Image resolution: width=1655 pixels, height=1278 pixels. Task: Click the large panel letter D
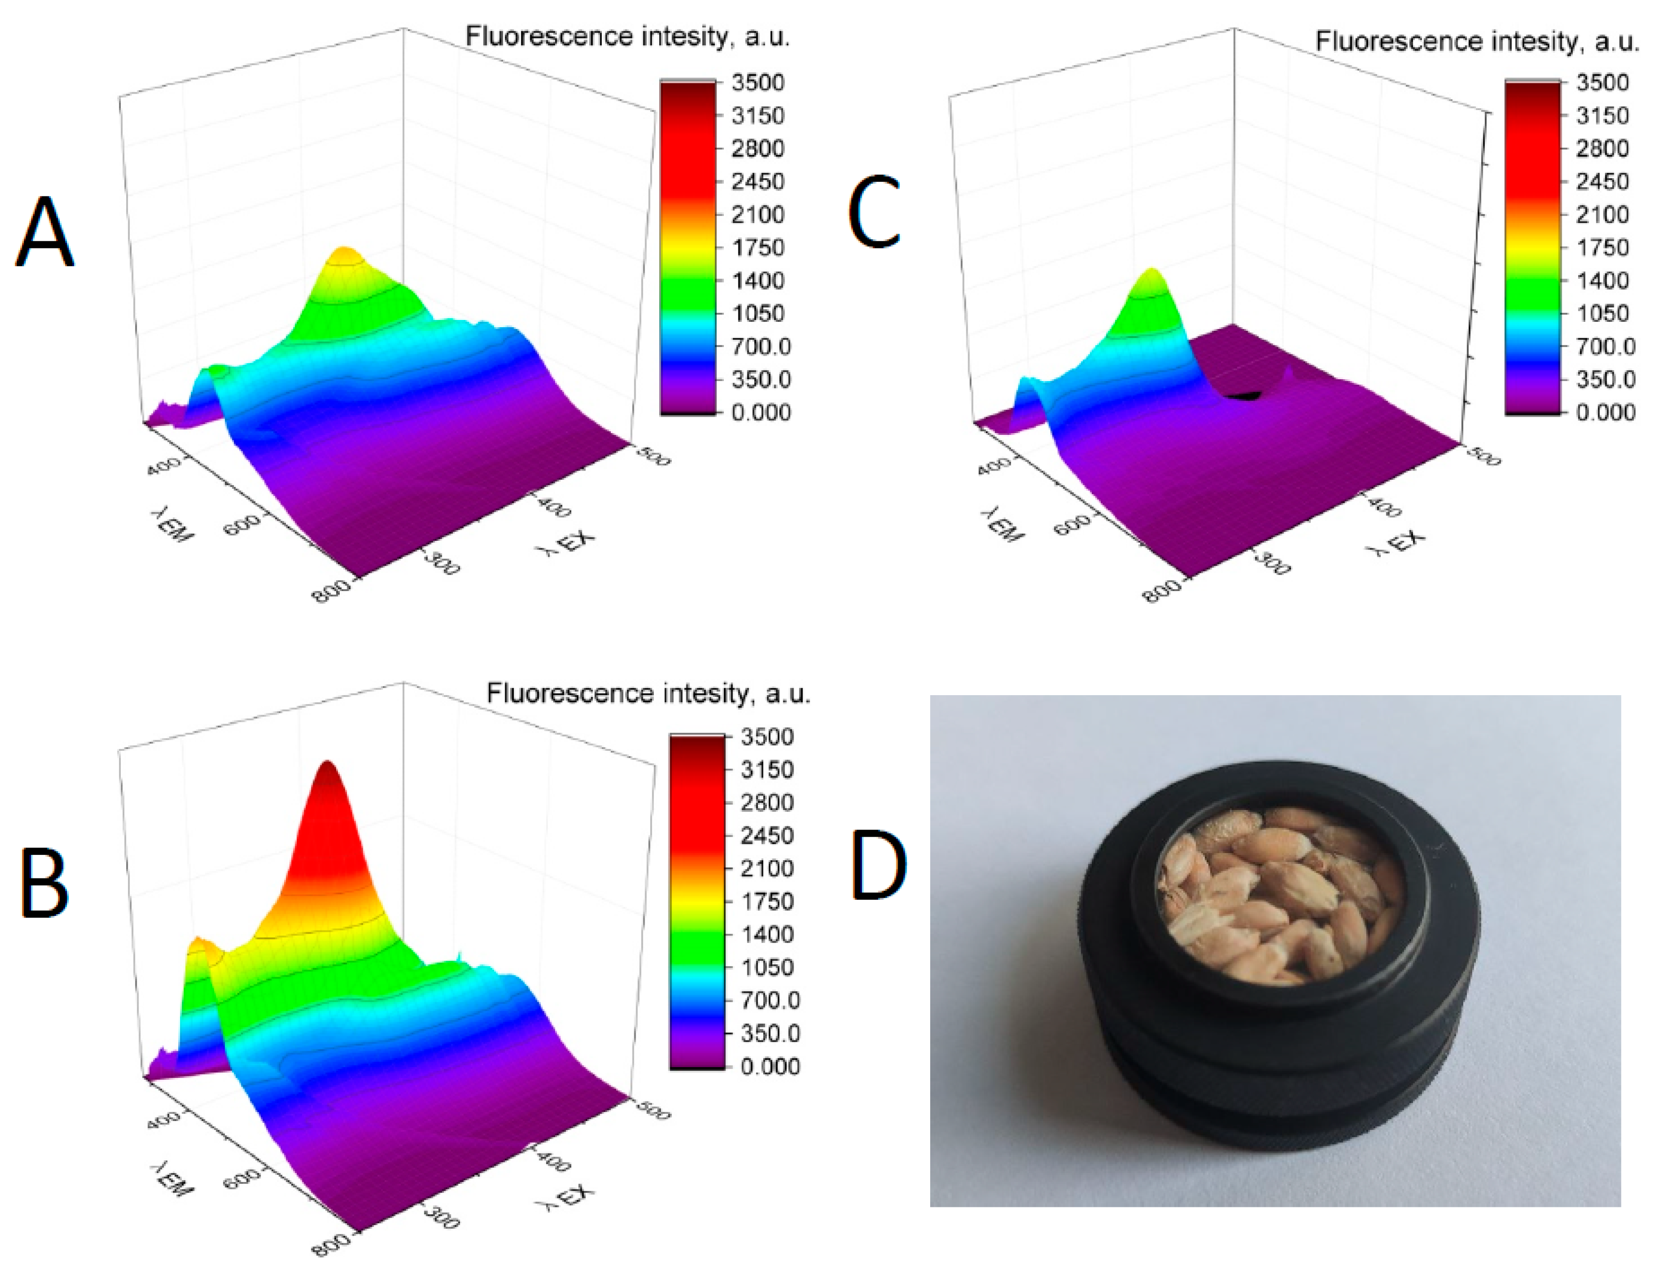tap(879, 866)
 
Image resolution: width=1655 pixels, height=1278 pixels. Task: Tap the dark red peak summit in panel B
tap(328, 767)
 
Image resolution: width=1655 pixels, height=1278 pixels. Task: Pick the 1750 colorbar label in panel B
tap(767, 901)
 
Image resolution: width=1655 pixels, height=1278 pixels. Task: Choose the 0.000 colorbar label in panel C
tap(1605, 412)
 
